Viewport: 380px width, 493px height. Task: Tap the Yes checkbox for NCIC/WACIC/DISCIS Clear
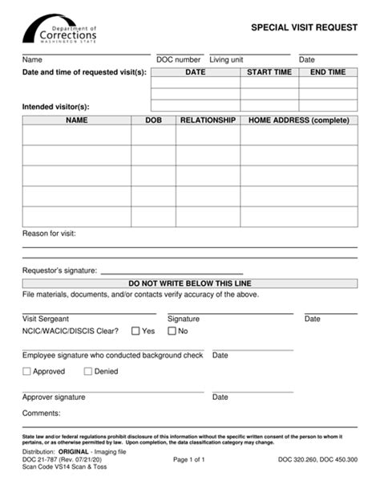[136, 331]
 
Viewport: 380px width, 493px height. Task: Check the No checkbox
[172, 331]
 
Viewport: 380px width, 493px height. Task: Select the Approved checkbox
[27, 372]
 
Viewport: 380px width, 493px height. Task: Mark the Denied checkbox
[88, 372]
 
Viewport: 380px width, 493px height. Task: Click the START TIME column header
[269, 72]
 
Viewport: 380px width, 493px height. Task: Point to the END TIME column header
[328, 72]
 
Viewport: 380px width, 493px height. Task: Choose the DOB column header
[153, 120]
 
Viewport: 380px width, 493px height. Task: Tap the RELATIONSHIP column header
[208, 120]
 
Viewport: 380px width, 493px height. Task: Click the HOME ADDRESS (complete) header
[299, 120]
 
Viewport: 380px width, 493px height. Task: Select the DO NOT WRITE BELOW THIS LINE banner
[190, 283]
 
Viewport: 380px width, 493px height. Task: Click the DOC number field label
[178, 59]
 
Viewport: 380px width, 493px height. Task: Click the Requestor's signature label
[59, 271]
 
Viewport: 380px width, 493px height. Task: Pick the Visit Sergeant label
[46, 319]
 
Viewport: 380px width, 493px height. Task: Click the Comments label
[42, 413]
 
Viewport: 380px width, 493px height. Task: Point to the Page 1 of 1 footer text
[189, 460]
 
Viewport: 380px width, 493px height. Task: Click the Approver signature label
[54, 397]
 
